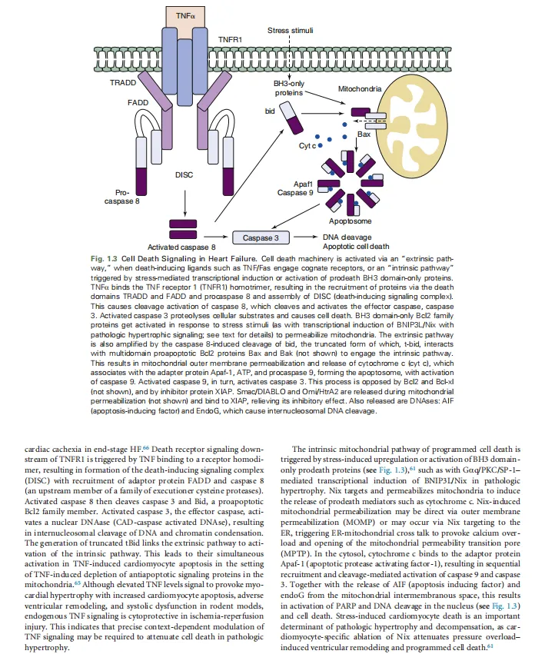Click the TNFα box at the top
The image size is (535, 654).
click(x=185, y=15)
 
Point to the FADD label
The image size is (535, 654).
click(x=138, y=101)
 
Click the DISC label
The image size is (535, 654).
click(x=184, y=174)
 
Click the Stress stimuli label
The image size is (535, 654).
click(x=290, y=31)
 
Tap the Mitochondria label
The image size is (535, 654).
click(x=360, y=89)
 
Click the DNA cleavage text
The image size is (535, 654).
click(x=347, y=237)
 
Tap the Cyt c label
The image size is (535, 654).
click(x=308, y=145)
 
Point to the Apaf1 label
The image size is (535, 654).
click(x=304, y=184)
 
